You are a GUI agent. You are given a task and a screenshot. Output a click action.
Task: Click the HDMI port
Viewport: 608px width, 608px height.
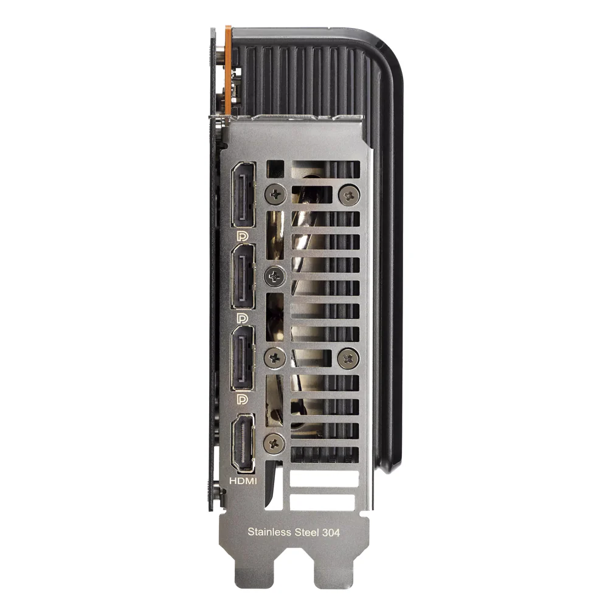pyautogui.click(x=243, y=443)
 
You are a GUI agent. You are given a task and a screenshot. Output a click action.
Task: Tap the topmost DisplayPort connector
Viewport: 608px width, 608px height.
pyautogui.click(x=244, y=195)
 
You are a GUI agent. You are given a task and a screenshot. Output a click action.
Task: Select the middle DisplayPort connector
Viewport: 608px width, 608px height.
pyautogui.click(x=243, y=277)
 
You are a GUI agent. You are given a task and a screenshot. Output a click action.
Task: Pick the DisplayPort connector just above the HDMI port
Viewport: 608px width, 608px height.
pyautogui.click(x=243, y=358)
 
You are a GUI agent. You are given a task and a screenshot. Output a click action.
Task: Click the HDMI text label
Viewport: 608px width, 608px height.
pyautogui.click(x=243, y=481)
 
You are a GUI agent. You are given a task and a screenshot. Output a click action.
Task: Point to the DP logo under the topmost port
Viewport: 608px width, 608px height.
pyautogui.click(x=242, y=236)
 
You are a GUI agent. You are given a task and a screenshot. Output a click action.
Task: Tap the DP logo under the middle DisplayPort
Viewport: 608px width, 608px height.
pyautogui.click(x=242, y=318)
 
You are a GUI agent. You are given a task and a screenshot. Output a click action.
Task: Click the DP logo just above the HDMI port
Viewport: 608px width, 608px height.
pyautogui.click(x=242, y=399)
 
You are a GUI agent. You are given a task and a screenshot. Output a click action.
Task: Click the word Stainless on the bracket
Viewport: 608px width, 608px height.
pyautogui.click(x=269, y=532)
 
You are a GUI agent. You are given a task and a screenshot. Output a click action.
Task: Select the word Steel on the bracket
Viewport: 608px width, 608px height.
pyautogui.click(x=307, y=532)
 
